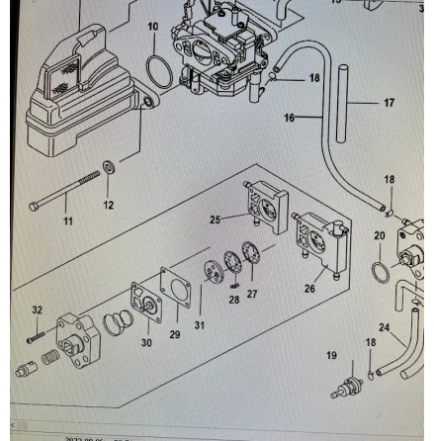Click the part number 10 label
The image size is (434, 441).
pos(151,27)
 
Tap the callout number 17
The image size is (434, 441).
pos(389,101)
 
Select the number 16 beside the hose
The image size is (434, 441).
pos(290,117)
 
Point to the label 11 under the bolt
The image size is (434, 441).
pos(68,221)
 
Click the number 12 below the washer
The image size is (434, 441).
pos(108,205)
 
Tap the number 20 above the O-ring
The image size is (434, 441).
pos(378,235)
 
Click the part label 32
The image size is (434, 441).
pos(38,309)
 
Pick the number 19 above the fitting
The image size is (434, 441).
pos(331,354)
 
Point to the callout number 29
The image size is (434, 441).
pos(175,336)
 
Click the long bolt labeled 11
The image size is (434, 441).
pos(64,193)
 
